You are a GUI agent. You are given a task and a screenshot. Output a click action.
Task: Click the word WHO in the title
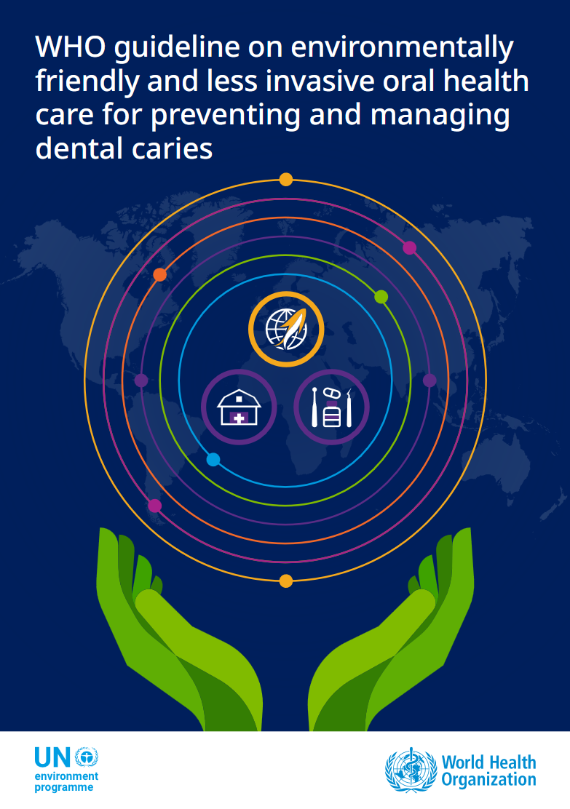point(70,47)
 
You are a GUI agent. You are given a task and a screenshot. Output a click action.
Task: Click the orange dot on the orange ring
point(160,274)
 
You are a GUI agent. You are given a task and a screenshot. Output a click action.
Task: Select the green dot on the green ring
point(381,297)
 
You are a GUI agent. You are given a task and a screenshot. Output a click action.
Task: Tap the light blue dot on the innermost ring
point(213,459)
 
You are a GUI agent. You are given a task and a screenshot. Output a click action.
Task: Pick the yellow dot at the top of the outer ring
point(286,180)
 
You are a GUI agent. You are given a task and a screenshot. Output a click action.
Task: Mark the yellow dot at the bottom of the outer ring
point(286,581)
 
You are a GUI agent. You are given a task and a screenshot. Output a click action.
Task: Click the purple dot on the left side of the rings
point(141,380)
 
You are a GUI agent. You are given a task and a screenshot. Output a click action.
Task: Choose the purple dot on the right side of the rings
point(430,380)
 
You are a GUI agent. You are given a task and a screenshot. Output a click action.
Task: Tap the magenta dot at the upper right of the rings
point(409,247)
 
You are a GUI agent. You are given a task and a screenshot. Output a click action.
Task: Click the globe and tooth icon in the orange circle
point(287,329)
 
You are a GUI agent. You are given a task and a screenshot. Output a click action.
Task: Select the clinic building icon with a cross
point(239,407)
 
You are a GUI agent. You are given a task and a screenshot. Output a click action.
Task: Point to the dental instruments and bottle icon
point(331,407)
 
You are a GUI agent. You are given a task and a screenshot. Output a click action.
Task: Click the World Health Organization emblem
point(411,770)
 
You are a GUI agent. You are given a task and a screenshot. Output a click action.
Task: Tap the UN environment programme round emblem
point(86,757)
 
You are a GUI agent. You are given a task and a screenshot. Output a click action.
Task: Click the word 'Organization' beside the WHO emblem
point(489,780)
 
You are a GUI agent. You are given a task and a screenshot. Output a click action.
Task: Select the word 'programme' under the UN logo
point(64,788)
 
